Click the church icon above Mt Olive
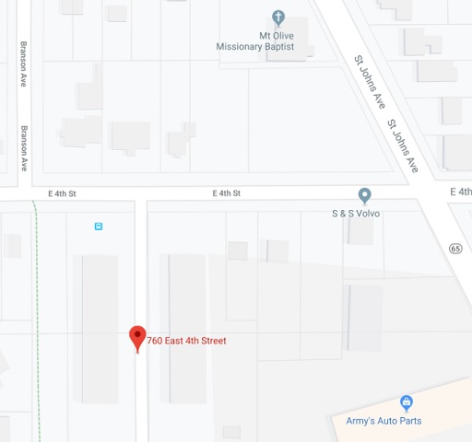point(278,17)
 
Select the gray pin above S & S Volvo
point(365,195)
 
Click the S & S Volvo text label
point(356,214)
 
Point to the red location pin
point(137,337)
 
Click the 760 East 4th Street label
point(186,341)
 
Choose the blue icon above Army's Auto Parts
point(406,402)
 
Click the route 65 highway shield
point(455,249)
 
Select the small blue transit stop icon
point(99,226)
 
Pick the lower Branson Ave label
point(25,148)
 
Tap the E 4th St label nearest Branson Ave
point(62,193)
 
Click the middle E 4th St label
point(226,193)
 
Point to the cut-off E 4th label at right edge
point(461,192)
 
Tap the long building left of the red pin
point(100,328)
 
